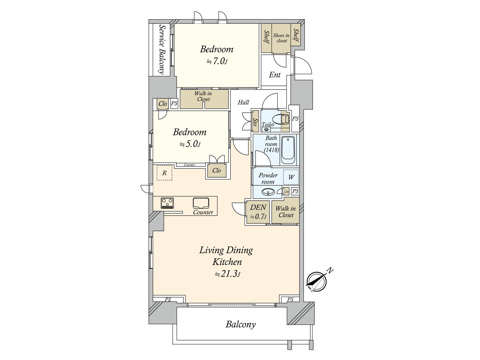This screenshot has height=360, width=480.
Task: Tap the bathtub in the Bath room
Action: pos(288,150)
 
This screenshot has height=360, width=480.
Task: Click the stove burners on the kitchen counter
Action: pos(167,203)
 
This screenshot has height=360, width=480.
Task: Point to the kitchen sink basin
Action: pos(201,203)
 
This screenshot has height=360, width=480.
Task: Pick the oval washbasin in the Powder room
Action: pos(268,192)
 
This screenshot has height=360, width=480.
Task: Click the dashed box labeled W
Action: pos(291,177)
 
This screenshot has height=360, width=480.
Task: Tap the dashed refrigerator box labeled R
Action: pos(164,173)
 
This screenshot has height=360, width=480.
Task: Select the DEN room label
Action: pos(258,207)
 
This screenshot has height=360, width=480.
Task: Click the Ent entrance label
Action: pos(275,75)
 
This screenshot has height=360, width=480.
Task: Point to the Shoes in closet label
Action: pos(281,38)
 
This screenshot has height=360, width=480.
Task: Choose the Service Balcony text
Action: pos(162,49)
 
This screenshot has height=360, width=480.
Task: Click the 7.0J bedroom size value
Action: pos(217,61)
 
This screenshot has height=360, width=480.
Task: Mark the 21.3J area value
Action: pos(227,274)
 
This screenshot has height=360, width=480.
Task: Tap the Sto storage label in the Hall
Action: pos(255,122)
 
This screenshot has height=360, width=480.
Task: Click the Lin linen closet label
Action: pos(286,192)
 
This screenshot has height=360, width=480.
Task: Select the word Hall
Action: pos(243,102)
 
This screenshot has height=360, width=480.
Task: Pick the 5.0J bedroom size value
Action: pos(190,144)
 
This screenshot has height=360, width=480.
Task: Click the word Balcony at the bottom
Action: pos(241,324)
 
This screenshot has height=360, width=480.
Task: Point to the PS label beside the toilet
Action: pos(295,119)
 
